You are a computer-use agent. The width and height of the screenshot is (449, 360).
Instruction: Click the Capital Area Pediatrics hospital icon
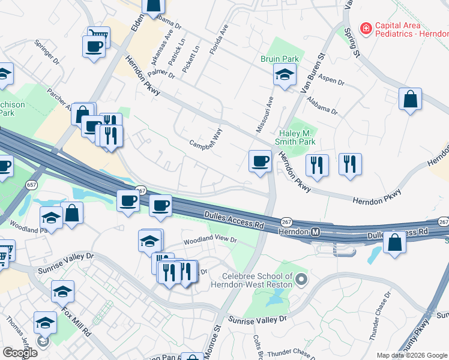364,28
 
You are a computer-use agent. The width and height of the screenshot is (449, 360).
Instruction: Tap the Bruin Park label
280,59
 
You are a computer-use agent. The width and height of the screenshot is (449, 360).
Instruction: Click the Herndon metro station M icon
315,231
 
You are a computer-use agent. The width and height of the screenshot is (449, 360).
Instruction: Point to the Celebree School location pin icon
301,279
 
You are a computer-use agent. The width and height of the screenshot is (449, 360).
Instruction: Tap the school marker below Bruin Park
285,75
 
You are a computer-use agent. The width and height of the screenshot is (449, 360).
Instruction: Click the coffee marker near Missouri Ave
260,161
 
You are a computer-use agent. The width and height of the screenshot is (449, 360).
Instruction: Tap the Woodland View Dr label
210,241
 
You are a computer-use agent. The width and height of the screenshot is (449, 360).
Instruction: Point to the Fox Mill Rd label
76,322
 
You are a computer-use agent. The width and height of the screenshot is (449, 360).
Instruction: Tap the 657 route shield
31,185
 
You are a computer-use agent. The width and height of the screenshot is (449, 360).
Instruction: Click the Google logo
19,353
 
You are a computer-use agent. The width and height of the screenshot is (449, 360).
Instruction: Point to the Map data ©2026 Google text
412,355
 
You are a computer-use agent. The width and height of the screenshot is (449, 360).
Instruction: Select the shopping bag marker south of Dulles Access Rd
394,242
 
